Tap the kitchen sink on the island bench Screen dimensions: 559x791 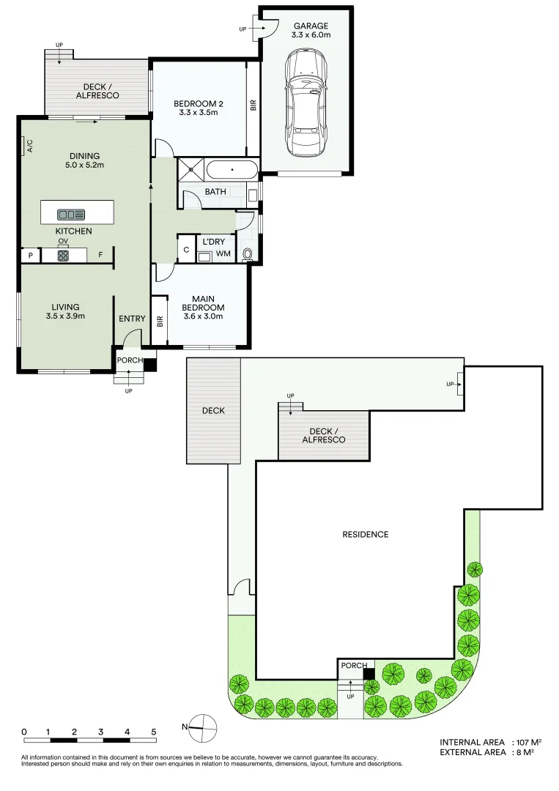coord(71,215)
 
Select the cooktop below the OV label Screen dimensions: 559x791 coord(63,256)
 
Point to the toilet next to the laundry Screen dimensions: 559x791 coord(248,254)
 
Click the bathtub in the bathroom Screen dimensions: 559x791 coord(232,169)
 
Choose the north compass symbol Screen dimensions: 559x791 coord(201,729)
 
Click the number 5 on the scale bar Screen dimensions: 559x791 coord(154,732)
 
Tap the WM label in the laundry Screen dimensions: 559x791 coord(223,253)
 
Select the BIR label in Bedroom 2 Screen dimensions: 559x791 coord(253,105)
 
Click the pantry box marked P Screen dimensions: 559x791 coord(31,256)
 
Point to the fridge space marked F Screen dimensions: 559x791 coord(100,255)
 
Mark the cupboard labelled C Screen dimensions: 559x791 coord(186,249)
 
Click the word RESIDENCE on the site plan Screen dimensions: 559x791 coord(366,534)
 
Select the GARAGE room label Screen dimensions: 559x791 coord(311,26)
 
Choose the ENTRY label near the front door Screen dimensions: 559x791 coord(132,319)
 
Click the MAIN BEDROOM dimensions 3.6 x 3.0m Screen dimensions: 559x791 coord(204,316)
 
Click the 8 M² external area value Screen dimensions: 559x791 coord(525,752)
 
